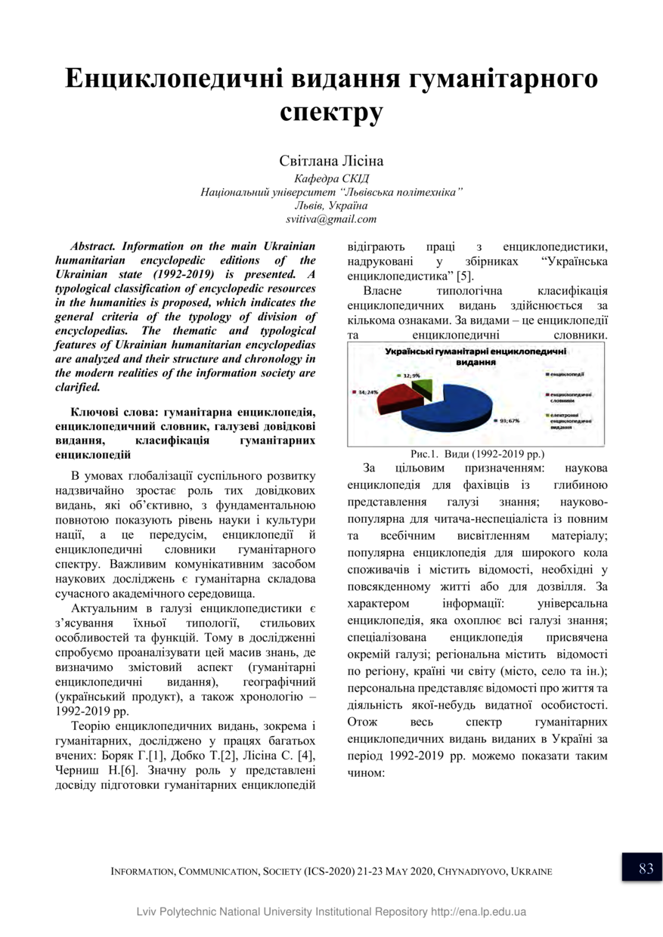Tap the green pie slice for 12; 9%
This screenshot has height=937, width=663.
click(426, 388)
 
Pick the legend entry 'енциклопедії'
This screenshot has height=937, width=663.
click(569, 375)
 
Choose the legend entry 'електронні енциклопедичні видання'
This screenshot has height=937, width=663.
click(570, 420)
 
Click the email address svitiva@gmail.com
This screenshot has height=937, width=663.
click(331, 219)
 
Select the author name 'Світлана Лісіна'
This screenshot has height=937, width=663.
click(331, 161)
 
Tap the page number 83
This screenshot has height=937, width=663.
click(646, 868)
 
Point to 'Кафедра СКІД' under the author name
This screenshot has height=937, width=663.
click(331, 179)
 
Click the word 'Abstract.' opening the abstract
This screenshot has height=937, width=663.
click(93, 246)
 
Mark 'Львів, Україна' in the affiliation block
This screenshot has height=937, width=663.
click(331, 206)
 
